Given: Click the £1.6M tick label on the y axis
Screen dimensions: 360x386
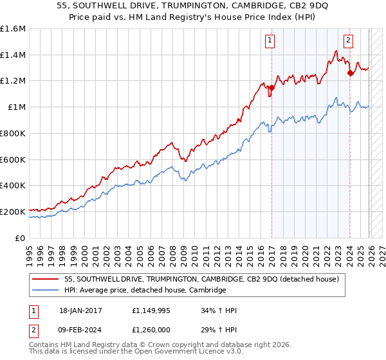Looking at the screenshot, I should click(13, 29).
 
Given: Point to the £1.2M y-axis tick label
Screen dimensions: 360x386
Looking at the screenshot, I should click(13, 81).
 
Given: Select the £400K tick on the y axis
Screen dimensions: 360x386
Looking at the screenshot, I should click(13, 185).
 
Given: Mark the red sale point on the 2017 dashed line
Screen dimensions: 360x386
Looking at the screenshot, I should click(272, 87).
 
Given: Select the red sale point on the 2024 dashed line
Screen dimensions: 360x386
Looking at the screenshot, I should click(350, 73).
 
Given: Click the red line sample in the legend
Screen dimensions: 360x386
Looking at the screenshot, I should click(46, 279).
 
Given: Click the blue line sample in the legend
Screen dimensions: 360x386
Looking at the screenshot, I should click(46, 290).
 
